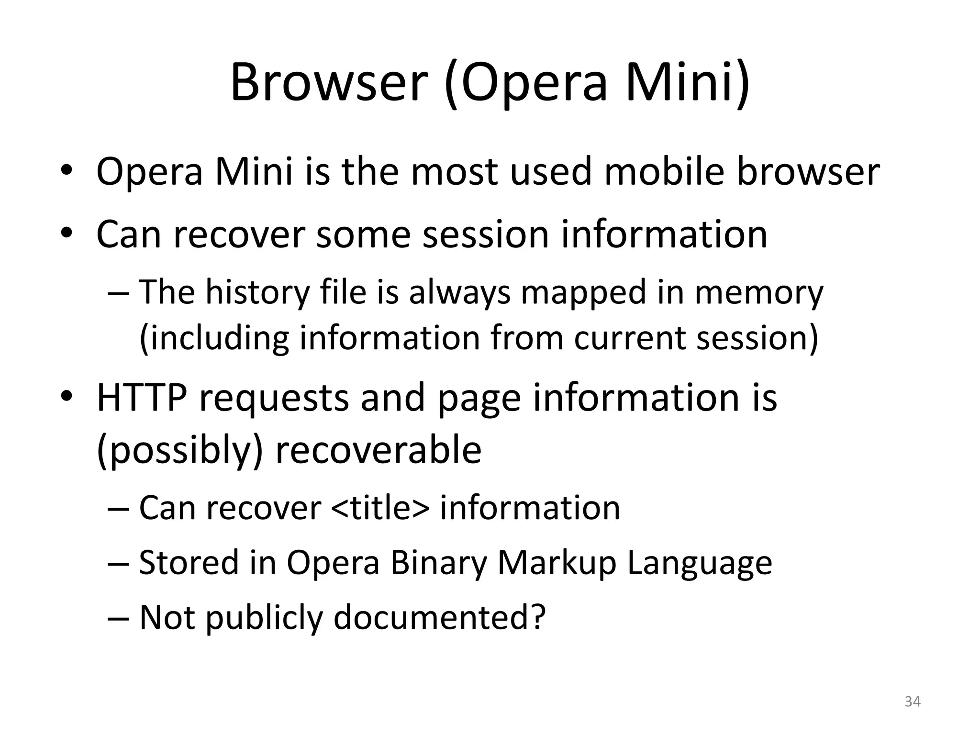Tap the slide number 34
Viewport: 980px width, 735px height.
click(913, 702)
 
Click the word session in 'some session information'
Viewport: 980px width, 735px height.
click(485, 234)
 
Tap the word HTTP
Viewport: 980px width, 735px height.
click(142, 398)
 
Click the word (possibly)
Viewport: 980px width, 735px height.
click(180, 451)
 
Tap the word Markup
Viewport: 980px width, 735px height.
click(557, 563)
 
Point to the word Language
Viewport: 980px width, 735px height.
click(699, 564)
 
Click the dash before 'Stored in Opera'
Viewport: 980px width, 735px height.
click(119, 564)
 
